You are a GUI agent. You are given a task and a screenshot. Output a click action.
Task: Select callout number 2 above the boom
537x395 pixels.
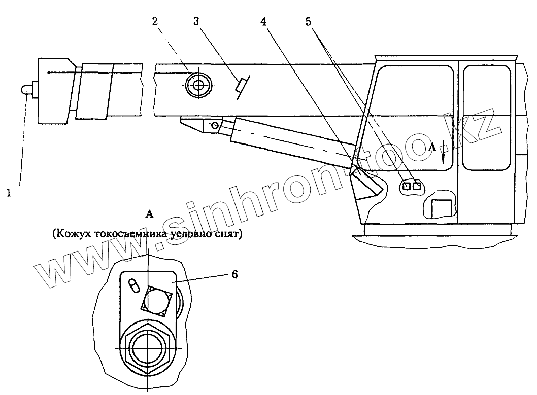(x=154, y=21)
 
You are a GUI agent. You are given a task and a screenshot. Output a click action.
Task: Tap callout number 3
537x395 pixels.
(x=196, y=21)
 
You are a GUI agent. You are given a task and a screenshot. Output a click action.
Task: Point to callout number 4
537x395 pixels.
(x=263, y=21)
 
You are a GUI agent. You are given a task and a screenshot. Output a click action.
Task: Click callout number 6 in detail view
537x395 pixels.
(x=234, y=274)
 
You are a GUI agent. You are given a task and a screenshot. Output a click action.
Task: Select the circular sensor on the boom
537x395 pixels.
(x=197, y=85)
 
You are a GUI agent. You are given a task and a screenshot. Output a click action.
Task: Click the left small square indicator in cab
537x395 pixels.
(x=406, y=187)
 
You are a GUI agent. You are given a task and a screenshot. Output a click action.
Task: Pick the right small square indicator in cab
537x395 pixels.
(x=417, y=187)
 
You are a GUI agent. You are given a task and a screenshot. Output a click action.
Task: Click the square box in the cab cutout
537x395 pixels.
(x=440, y=208)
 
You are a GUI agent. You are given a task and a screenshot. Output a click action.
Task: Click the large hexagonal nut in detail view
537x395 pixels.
(x=147, y=347)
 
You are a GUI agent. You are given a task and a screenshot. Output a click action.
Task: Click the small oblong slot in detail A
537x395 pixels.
(x=133, y=285)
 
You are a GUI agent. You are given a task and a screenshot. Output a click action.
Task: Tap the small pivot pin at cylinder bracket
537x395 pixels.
(x=215, y=125)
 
